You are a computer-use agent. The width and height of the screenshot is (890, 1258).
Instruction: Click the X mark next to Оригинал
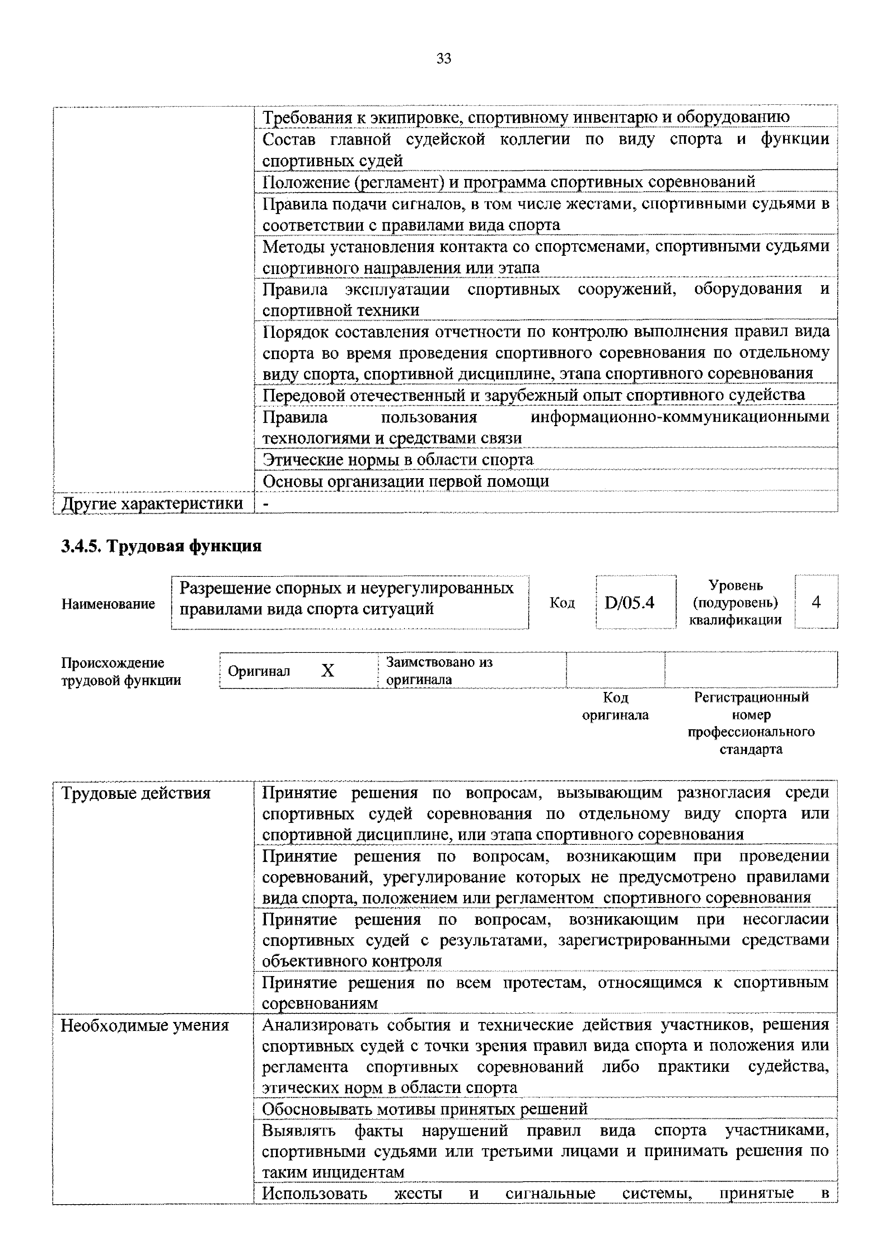(x=327, y=671)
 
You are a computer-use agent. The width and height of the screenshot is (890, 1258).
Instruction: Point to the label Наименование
(x=108, y=604)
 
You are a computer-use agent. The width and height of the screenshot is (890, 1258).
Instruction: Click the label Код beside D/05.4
(x=562, y=603)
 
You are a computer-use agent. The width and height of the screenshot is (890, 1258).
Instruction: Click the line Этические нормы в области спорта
(x=398, y=459)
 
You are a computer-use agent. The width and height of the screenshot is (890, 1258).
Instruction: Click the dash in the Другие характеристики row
(x=266, y=503)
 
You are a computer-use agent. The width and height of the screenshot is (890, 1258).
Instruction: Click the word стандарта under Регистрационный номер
(x=750, y=749)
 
